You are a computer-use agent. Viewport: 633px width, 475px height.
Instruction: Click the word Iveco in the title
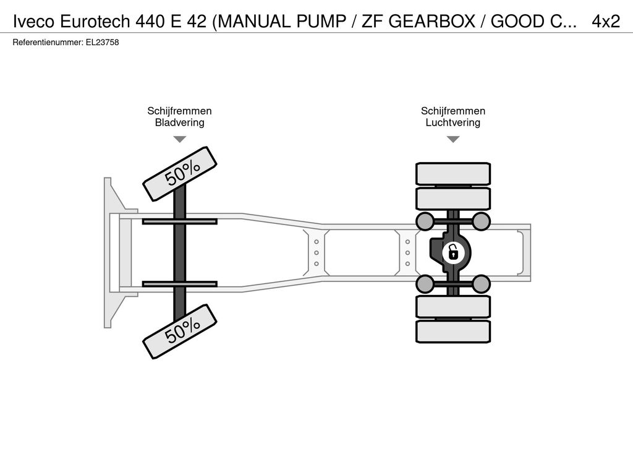pyautogui.click(x=34, y=22)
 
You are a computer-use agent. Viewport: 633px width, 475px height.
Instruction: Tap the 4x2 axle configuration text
pyautogui.click(x=606, y=22)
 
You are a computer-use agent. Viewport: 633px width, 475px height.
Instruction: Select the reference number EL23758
pyautogui.click(x=102, y=43)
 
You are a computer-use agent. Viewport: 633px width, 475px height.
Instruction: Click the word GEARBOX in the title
pyautogui.click(x=432, y=22)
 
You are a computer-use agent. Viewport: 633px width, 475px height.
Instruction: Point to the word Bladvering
pyautogui.click(x=180, y=122)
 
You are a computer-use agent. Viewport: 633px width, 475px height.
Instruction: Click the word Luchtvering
pyautogui.click(x=453, y=122)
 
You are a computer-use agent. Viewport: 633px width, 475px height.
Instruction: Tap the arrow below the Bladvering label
pyautogui.click(x=180, y=139)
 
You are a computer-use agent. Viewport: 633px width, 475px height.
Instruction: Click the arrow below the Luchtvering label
pyautogui.click(x=453, y=139)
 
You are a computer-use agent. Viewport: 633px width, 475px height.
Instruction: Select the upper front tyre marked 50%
pyautogui.click(x=180, y=174)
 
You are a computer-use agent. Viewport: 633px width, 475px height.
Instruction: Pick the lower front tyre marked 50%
pyautogui.click(x=180, y=332)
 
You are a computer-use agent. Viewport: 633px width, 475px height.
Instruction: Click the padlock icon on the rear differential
pyautogui.click(x=453, y=253)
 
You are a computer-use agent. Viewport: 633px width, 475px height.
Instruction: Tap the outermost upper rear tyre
pyautogui.click(x=453, y=174)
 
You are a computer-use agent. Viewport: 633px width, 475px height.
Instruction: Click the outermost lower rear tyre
pyautogui.click(x=453, y=332)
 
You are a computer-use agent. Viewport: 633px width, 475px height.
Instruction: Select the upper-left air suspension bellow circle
pyautogui.click(x=425, y=221)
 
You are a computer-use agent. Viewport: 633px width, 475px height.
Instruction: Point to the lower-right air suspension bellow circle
pyautogui.click(x=481, y=284)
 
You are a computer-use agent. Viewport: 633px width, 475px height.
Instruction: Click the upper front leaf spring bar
pyautogui.click(x=180, y=221)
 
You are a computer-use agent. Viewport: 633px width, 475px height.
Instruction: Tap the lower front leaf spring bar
pyautogui.click(x=180, y=284)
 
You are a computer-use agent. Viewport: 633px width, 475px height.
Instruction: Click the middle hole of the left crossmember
pyautogui.click(x=316, y=253)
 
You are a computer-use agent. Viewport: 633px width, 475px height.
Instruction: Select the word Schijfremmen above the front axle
pyautogui.click(x=180, y=111)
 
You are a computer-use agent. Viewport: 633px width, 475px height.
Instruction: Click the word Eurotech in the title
pyautogui.click(x=95, y=22)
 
